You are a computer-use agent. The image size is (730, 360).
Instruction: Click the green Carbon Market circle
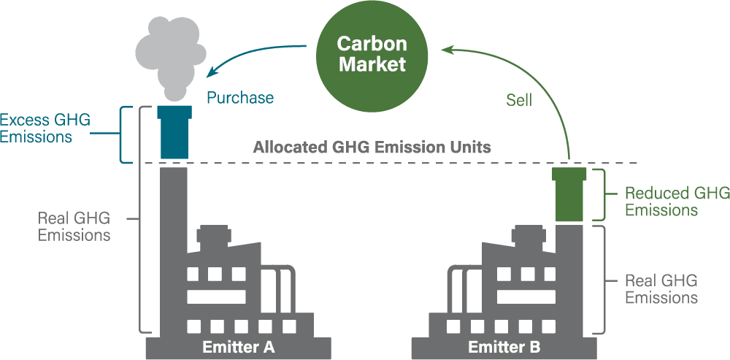[370, 54]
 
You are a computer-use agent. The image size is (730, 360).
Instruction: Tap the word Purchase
[240, 98]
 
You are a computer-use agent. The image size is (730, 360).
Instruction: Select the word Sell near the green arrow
[518, 101]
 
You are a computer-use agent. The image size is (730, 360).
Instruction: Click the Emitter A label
[239, 347]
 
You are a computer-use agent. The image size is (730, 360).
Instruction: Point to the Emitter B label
[504, 347]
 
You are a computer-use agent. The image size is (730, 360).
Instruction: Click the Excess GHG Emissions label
[45, 128]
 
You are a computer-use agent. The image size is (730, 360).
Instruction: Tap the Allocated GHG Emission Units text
[372, 147]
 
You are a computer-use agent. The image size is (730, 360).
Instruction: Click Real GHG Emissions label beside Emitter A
[74, 227]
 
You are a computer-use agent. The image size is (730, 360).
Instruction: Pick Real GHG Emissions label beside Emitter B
[661, 289]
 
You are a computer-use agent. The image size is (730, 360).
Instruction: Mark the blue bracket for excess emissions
[126, 135]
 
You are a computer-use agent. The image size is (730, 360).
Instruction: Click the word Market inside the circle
[371, 64]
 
